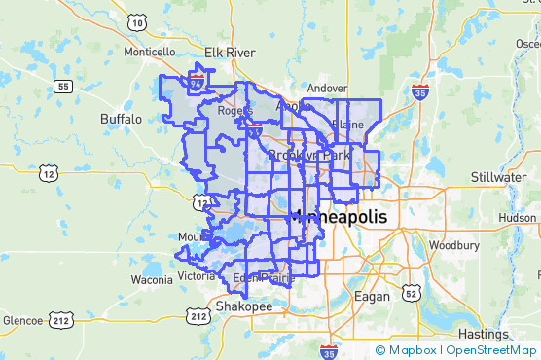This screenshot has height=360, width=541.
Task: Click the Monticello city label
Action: click(148, 51)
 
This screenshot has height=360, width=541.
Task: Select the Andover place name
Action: click(326, 89)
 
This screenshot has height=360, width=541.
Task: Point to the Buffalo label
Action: click(121, 119)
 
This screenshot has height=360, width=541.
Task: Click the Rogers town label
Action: click(235, 111)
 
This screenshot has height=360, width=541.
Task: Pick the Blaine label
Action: click(347, 125)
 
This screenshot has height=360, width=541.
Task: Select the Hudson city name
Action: click(517, 218)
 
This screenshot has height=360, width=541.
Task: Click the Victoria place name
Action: click(196, 275)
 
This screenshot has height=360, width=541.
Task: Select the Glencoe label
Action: click(21, 320)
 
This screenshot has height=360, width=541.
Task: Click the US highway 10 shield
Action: click(137, 22)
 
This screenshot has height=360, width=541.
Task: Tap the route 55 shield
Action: click(62, 87)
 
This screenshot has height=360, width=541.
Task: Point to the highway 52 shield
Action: click(413, 292)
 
